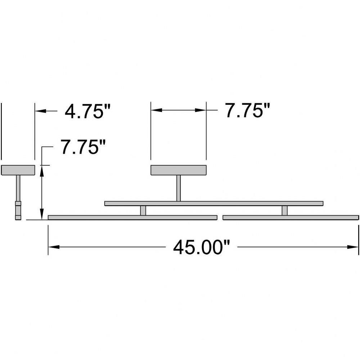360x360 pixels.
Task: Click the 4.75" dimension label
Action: pyautogui.click(x=88, y=112)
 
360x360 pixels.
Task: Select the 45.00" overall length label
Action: pyautogui.click(x=201, y=248)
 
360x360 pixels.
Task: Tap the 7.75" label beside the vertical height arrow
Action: pyautogui.click(x=83, y=147)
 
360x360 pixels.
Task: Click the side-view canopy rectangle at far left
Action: pyautogui.click(x=18, y=170)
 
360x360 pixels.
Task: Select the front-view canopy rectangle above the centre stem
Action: pyautogui.click(x=179, y=170)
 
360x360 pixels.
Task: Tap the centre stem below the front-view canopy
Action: pyautogui.click(x=179, y=188)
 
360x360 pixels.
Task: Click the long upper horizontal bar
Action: pyautogui.click(x=214, y=203)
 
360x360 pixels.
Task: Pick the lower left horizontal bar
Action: pyautogui.click(x=132, y=217)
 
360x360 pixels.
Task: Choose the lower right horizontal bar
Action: pyautogui.click(x=291, y=217)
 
